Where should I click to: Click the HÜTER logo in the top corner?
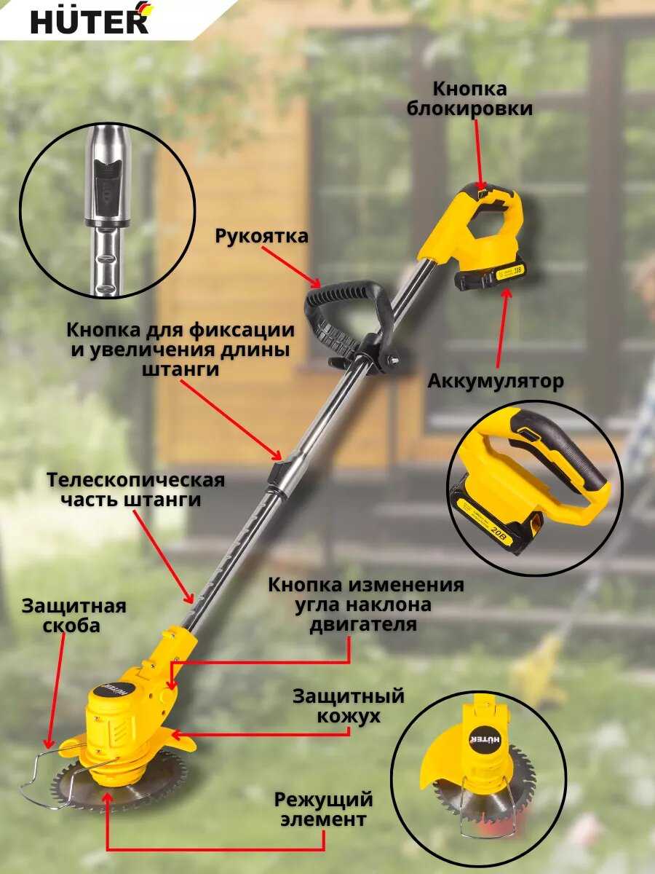coord(90,19)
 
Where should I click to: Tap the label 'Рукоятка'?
coord(262,236)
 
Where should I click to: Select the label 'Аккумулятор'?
coord(496,382)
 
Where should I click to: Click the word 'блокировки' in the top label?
coord(469,109)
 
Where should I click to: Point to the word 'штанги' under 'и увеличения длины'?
coord(180,369)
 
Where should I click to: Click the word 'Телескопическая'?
coord(135,480)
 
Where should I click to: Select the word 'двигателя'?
coord(363,624)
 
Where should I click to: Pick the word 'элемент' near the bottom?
coord(323,819)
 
